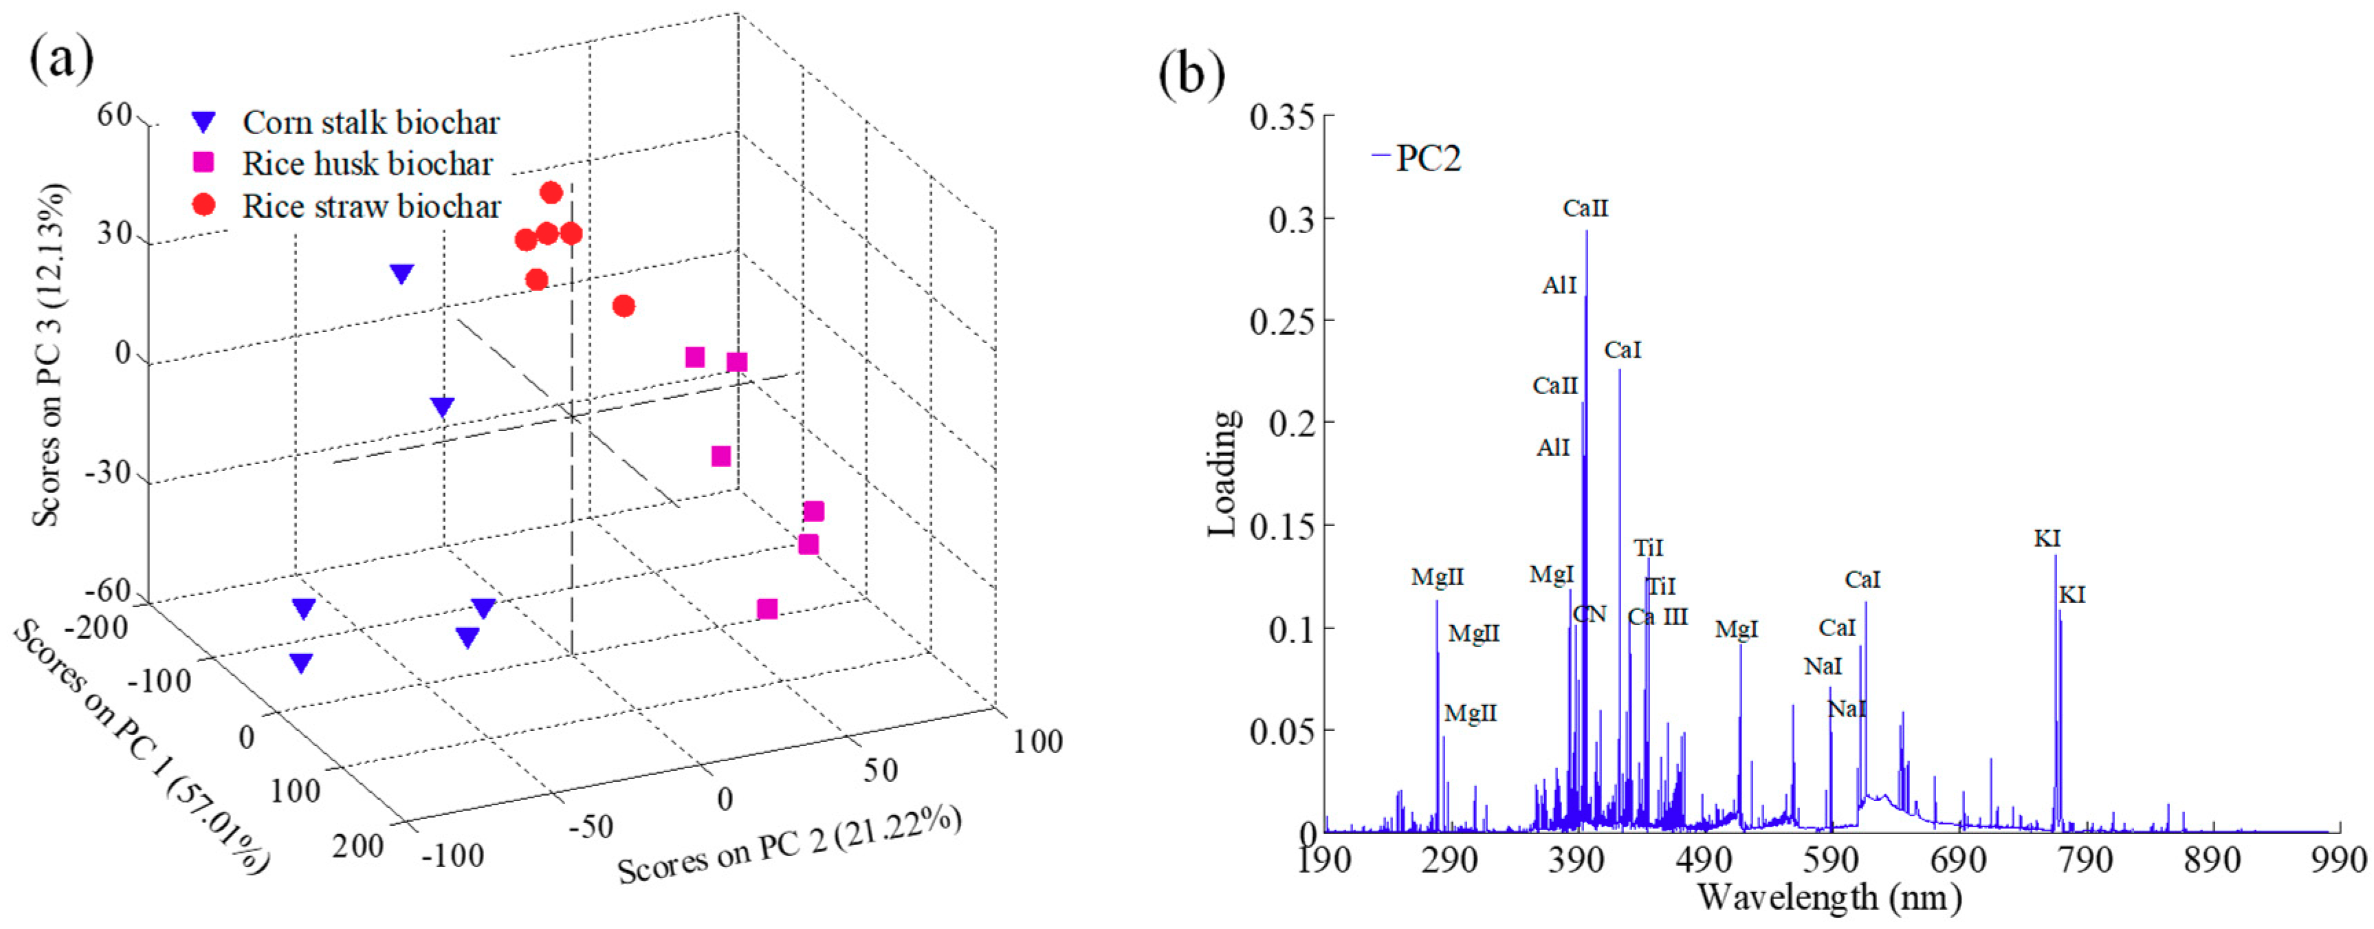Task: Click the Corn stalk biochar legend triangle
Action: pyautogui.click(x=204, y=122)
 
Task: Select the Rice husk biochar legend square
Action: pyautogui.click(x=204, y=163)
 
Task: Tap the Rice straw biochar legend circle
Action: pyautogui.click(x=204, y=205)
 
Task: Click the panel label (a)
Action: pyautogui.click(x=62, y=60)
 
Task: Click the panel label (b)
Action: pyautogui.click(x=1191, y=74)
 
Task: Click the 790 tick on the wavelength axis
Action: pyautogui.click(x=2085, y=859)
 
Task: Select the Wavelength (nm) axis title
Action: pyautogui.click(x=1829, y=896)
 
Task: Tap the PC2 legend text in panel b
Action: pyautogui.click(x=1429, y=159)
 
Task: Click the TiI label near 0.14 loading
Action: pyautogui.click(x=1648, y=547)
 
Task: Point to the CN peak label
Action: pyautogui.click(x=1590, y=614)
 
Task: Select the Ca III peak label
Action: pyautogui.click(x=1657, y=617)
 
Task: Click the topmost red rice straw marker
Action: pyautogui.click(x=551, y=193)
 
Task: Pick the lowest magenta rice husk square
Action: pyautogui.click(x=767, y=609)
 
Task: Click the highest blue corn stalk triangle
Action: pyautogui.click(x=402, y=274)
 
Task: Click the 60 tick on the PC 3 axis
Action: pyautogui.click(x=116, y=117)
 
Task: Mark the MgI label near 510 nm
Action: pyautogui.click(x=1736, y=629)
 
